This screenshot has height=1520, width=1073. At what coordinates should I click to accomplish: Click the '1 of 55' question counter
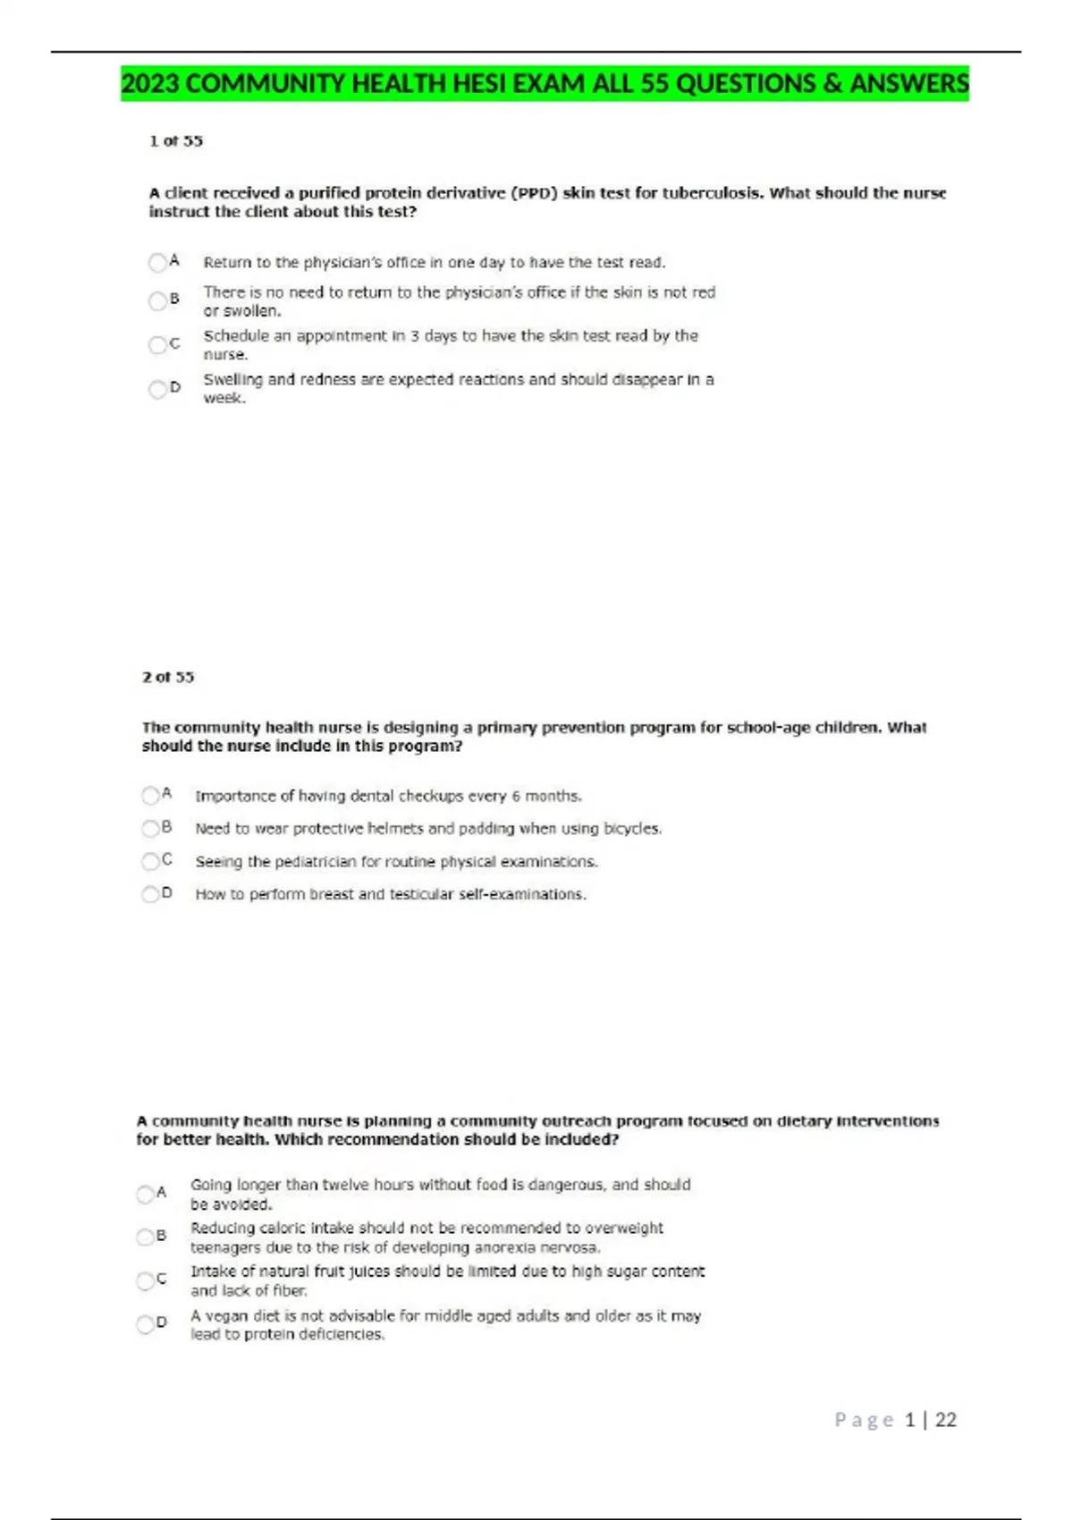(176, 141)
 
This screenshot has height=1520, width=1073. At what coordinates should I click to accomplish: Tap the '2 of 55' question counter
(168, 677)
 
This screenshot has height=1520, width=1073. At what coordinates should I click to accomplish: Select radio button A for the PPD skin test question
(158, 262)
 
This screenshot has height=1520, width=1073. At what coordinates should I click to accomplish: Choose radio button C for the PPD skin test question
(158, 344)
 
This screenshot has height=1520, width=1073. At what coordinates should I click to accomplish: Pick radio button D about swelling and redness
(158, 388)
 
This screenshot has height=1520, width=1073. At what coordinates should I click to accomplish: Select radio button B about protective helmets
(150, 828)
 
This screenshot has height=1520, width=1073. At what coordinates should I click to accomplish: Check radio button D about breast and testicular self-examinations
(150, 893)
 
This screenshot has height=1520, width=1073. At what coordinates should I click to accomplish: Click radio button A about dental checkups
(150, 795)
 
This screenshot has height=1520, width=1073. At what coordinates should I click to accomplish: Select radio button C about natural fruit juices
(145, 1280)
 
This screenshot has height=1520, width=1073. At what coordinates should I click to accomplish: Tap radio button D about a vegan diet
(145, 1323)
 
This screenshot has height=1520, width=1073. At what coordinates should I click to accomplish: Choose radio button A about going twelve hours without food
(145, 1194)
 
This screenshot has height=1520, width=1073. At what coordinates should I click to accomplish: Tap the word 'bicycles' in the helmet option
(632, 829)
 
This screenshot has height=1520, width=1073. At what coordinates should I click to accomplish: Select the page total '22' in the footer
(945, 1420)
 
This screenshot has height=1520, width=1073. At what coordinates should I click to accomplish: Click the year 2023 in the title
(150, 84)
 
